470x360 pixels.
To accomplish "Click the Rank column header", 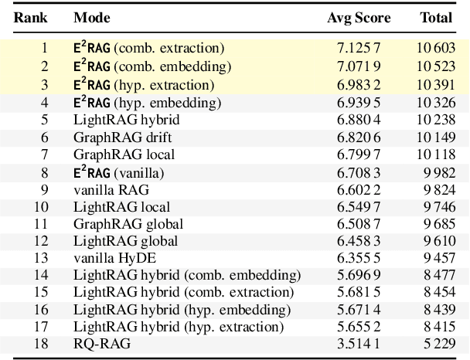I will point(28,17).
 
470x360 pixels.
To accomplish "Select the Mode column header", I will point(91,17).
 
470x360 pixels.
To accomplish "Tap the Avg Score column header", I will point(359,17).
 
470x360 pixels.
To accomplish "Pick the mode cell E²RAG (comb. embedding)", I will point(152,66).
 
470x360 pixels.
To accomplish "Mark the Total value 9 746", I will point(441,207).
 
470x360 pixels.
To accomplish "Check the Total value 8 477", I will point(441,276).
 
